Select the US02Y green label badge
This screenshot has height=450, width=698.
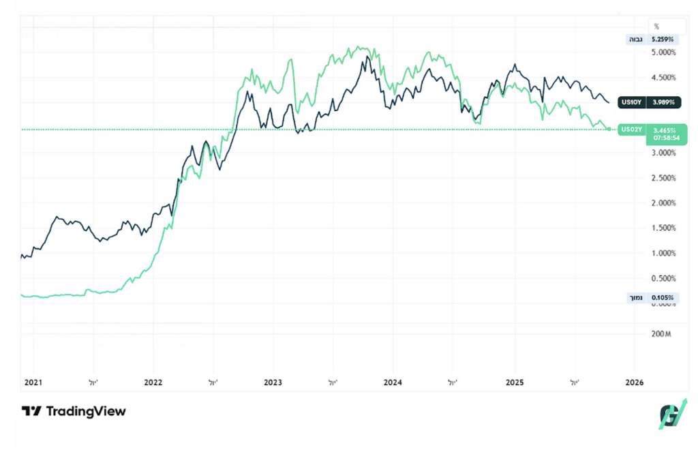tap(631, 129)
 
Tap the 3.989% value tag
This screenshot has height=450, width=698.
tap(663, 102)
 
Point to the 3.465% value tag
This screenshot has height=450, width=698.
tap(664, 129)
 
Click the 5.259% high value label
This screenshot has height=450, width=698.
tap(663, 40)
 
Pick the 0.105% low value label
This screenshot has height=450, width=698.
tap(663, 298)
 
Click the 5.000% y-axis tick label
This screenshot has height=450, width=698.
tap(663, 52)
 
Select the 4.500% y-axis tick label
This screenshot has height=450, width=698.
tap(663, 77)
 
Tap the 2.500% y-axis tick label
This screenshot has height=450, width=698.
tap(663, 178)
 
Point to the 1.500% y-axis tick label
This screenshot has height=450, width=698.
tap(663, 228)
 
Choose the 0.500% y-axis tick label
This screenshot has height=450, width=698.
tap(663, 278)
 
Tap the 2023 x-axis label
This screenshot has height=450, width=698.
tap(273, 382)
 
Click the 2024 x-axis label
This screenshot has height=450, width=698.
tap(393, 382)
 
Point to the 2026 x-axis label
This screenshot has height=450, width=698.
tap(634, 382)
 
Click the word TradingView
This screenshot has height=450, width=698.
tap(86, 411)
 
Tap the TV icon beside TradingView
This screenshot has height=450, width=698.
tap(31, 411)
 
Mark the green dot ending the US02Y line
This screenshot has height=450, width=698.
tap(609, 129)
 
